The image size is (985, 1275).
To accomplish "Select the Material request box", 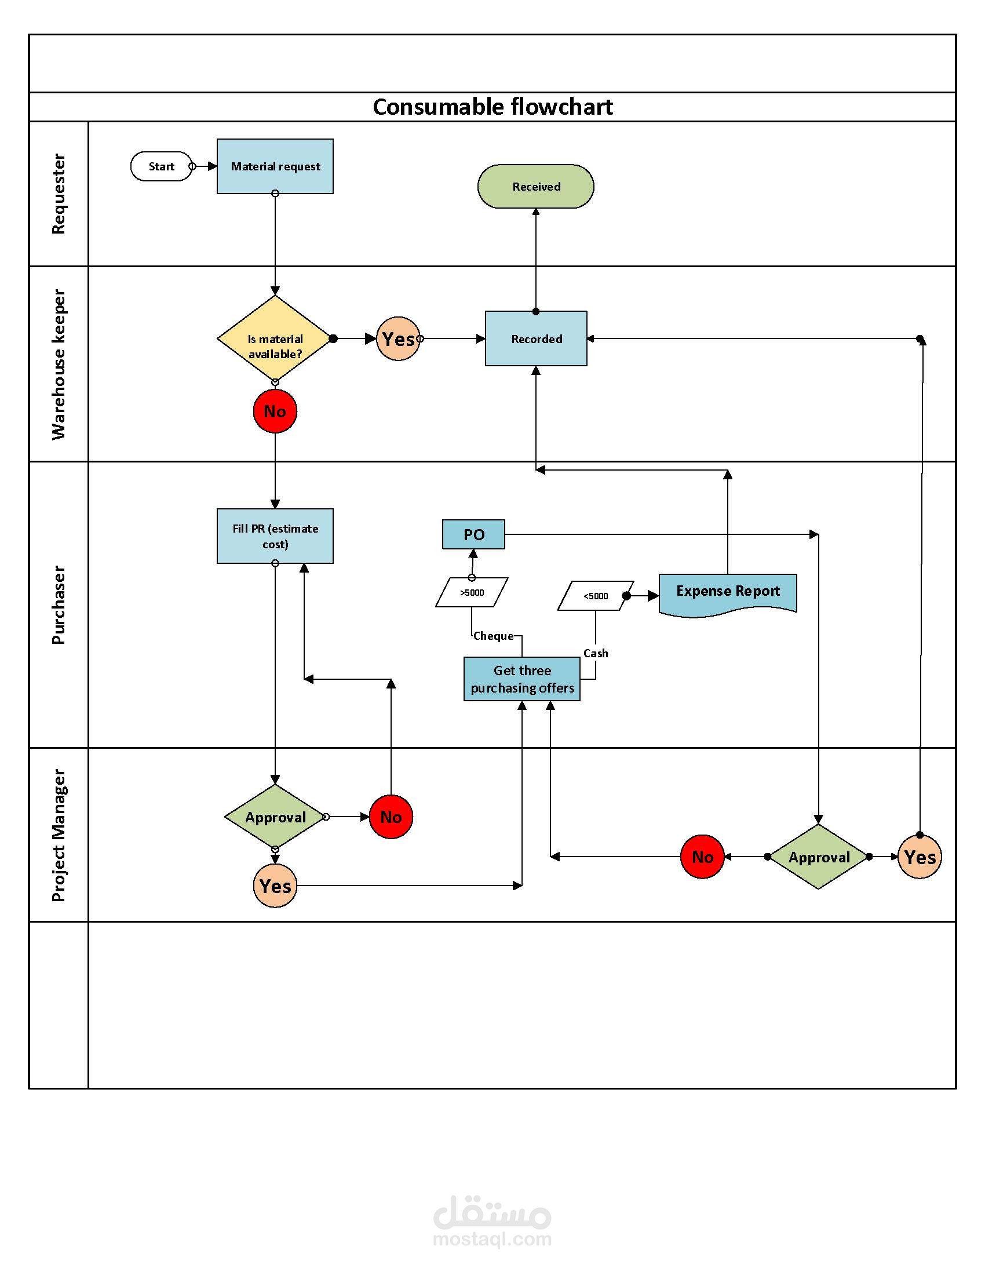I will coord(275,166).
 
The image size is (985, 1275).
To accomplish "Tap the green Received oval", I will coord(536,186).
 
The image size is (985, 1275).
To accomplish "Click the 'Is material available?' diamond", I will coord(275,339).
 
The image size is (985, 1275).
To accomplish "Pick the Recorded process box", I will coord(536,338).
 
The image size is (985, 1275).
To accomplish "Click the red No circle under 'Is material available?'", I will coord(275,411).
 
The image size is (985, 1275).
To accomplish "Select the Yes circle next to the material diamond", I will coord(398,338).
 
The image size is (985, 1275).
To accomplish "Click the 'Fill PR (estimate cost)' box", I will coord(275,536).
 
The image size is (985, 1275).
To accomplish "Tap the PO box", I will coord(473,534).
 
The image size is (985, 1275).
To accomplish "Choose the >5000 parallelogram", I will coord(472,592).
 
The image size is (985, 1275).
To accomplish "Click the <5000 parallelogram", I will coord(595,596).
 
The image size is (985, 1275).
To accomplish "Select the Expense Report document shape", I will coord(728,592).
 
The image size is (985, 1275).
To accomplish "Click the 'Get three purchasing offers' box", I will coord(521,679).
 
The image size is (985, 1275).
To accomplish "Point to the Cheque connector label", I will coord(493,636).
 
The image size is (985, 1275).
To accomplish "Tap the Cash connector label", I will coord(595,653).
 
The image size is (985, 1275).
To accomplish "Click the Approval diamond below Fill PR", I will coord(275,817).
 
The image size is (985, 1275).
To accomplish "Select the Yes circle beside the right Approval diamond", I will coord(920,857).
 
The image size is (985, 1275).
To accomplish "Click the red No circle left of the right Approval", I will coord(702,857).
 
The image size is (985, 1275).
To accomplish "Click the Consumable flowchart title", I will coord(493,107).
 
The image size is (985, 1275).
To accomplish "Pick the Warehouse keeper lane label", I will coord(59,365).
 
